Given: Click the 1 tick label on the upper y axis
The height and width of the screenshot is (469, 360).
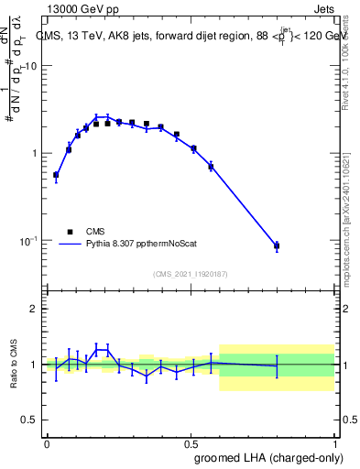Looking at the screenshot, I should (x=35, y=153).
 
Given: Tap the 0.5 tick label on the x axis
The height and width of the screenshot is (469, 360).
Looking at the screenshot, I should (x=191, y=442).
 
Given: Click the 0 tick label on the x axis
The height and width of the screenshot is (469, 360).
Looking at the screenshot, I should (x=47, y=442).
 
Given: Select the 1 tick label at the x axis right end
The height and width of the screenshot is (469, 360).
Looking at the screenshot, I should (x=334, y=442).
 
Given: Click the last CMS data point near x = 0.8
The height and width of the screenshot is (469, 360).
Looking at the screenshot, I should (x=277, y=245).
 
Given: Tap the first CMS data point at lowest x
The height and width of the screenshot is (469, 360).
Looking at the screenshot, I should (x=56, y=174).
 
